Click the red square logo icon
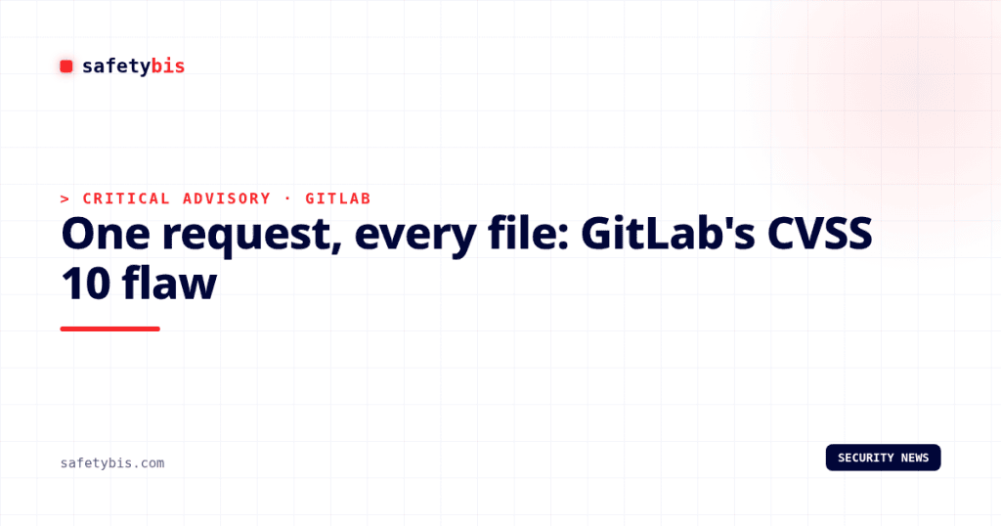coord(66,66)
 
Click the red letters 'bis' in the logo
coord(168,66)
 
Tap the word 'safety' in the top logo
coord(116,66)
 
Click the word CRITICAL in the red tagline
coord(126,198)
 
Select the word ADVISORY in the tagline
coord(227,198)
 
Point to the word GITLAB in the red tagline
coord(337,198)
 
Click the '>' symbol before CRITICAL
coord(65,199)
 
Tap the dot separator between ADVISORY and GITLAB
coord(288,198)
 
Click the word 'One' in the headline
coord(106,234)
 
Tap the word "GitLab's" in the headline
coord(668,233)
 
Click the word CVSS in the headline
coord(820,233)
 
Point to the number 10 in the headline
coord(85,284)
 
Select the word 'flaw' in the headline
coord(169,283)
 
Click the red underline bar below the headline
coord(109,329)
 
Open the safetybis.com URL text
coord(112,462)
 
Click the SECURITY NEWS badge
coord(883,458)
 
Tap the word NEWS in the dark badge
coord(915,458)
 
